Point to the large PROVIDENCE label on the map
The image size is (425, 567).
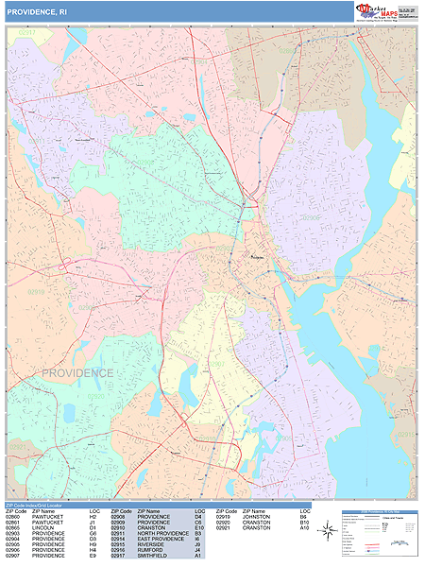coord(76,373)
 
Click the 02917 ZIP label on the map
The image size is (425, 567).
coord(26,33)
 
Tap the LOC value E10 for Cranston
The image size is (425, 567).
coord(198,528)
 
